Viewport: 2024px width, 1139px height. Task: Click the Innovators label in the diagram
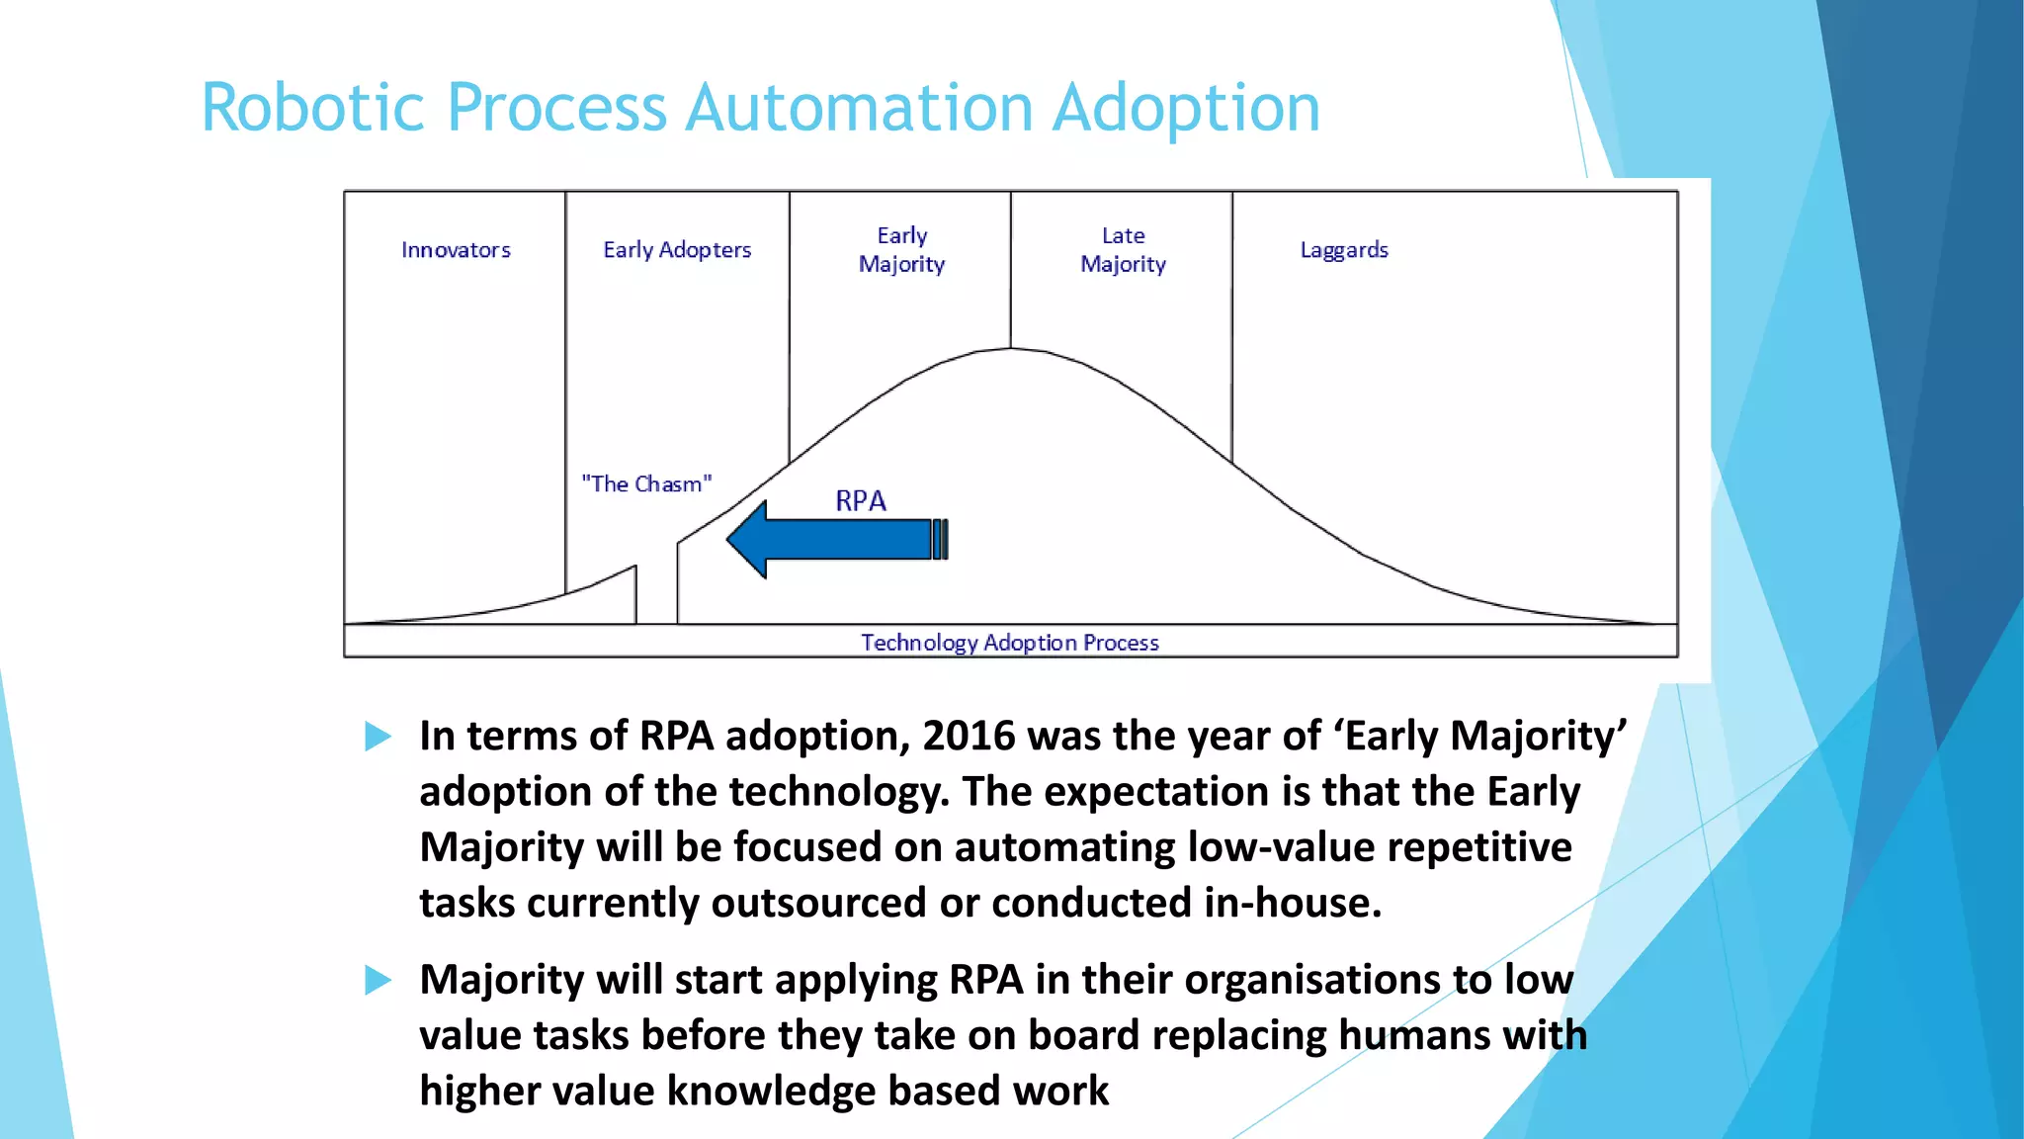tap(456, 250)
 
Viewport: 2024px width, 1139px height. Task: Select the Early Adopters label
tap(677, 250)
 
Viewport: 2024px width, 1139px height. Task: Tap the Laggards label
tap(1344, 250)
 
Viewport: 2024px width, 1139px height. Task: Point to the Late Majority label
tap(1123, 250)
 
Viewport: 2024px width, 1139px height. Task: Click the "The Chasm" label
tap(646, 484)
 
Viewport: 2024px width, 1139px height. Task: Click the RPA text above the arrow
tap(860, 501)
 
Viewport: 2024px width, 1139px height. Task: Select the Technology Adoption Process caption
tap(1009, 643)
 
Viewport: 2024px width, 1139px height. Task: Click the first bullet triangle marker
tap(378, 736)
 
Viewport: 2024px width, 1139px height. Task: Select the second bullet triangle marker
tap(378, 980)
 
